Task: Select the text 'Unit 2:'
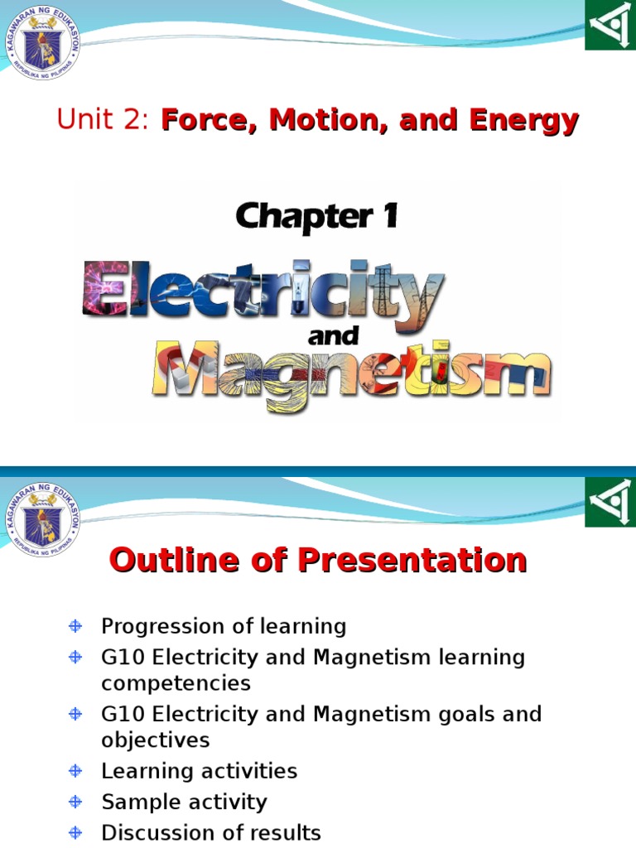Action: (103, 121)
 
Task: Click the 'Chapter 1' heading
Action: (317, 217)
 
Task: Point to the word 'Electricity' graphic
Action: (263, 289)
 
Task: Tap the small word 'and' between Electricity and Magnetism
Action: (333, 336)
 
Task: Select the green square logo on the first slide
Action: (610, 25)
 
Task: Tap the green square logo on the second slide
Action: (610, 502)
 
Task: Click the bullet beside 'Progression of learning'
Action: (75, 626)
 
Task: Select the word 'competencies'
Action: (176, 683)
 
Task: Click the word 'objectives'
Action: (156, 740)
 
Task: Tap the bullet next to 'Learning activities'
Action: (75, 771)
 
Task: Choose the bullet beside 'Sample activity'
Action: (75, 802)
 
